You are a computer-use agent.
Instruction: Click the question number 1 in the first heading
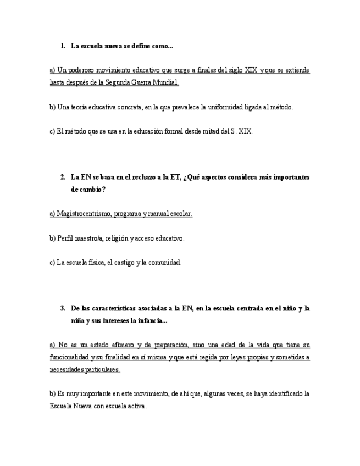(x=63, y=46)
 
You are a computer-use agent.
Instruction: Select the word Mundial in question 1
(x=166, y=82)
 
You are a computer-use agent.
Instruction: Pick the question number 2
(x=63, y=177)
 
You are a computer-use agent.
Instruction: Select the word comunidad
(x=164, y=262)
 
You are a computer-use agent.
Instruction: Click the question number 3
(x=63, y=308)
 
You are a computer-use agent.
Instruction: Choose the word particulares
(x=102, y=369)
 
